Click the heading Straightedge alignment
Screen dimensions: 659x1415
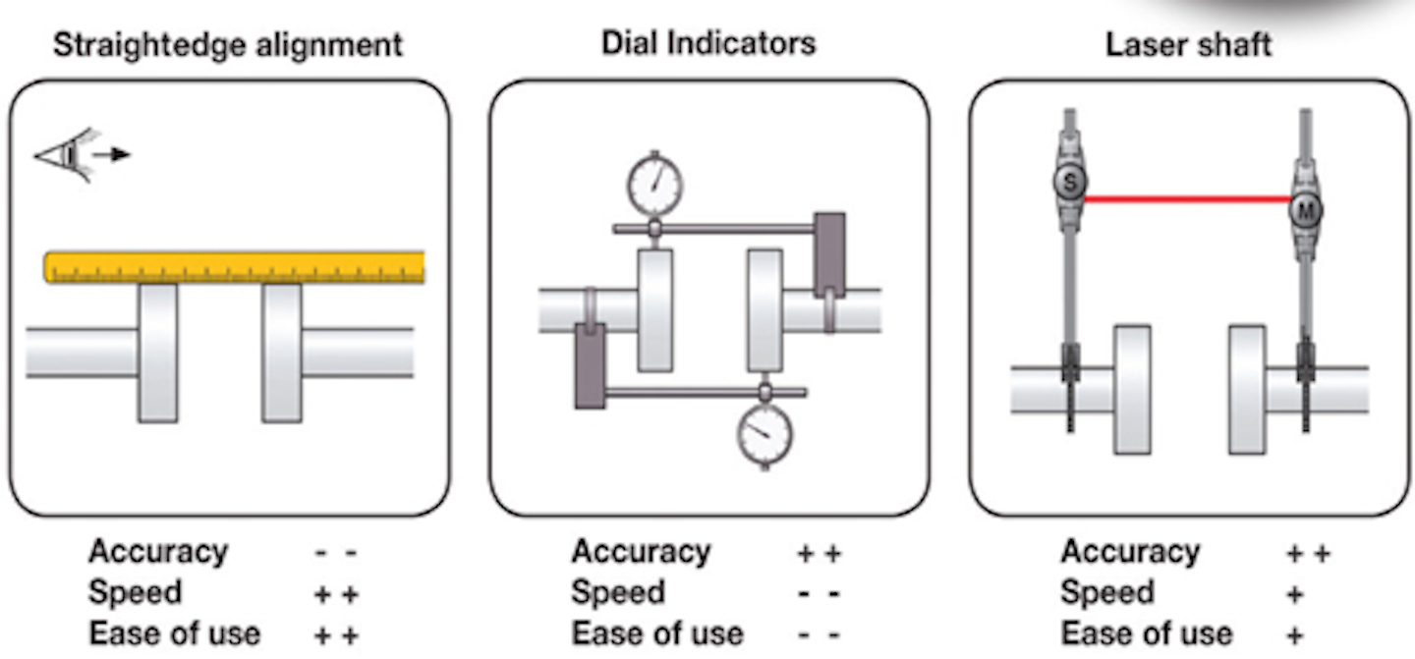point(227,45)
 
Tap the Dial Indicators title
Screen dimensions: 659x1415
point(708,42)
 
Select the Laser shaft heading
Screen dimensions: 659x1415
point(1189,45)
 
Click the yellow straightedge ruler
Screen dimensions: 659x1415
point(235,267)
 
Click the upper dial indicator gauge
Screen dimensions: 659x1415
point(654,185)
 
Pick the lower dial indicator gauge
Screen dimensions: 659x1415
point(764,432)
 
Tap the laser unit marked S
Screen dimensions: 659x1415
point(1068,181)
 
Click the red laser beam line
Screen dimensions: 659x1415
point(1187,199)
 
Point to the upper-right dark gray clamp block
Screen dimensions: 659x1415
point(829,254)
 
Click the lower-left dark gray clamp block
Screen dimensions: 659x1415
point(590,365)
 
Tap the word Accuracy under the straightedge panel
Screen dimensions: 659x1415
point(157,552)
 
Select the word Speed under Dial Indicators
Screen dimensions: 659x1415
point(618,593)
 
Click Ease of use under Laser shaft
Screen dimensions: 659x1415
point(1147,633)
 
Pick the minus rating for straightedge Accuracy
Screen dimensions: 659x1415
point(336,553)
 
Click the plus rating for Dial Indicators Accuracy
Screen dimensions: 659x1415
point(819,553)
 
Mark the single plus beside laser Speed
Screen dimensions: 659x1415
point(1294,594)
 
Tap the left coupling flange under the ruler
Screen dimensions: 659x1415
point(158,353)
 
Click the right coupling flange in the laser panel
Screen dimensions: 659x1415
point(1247,389)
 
